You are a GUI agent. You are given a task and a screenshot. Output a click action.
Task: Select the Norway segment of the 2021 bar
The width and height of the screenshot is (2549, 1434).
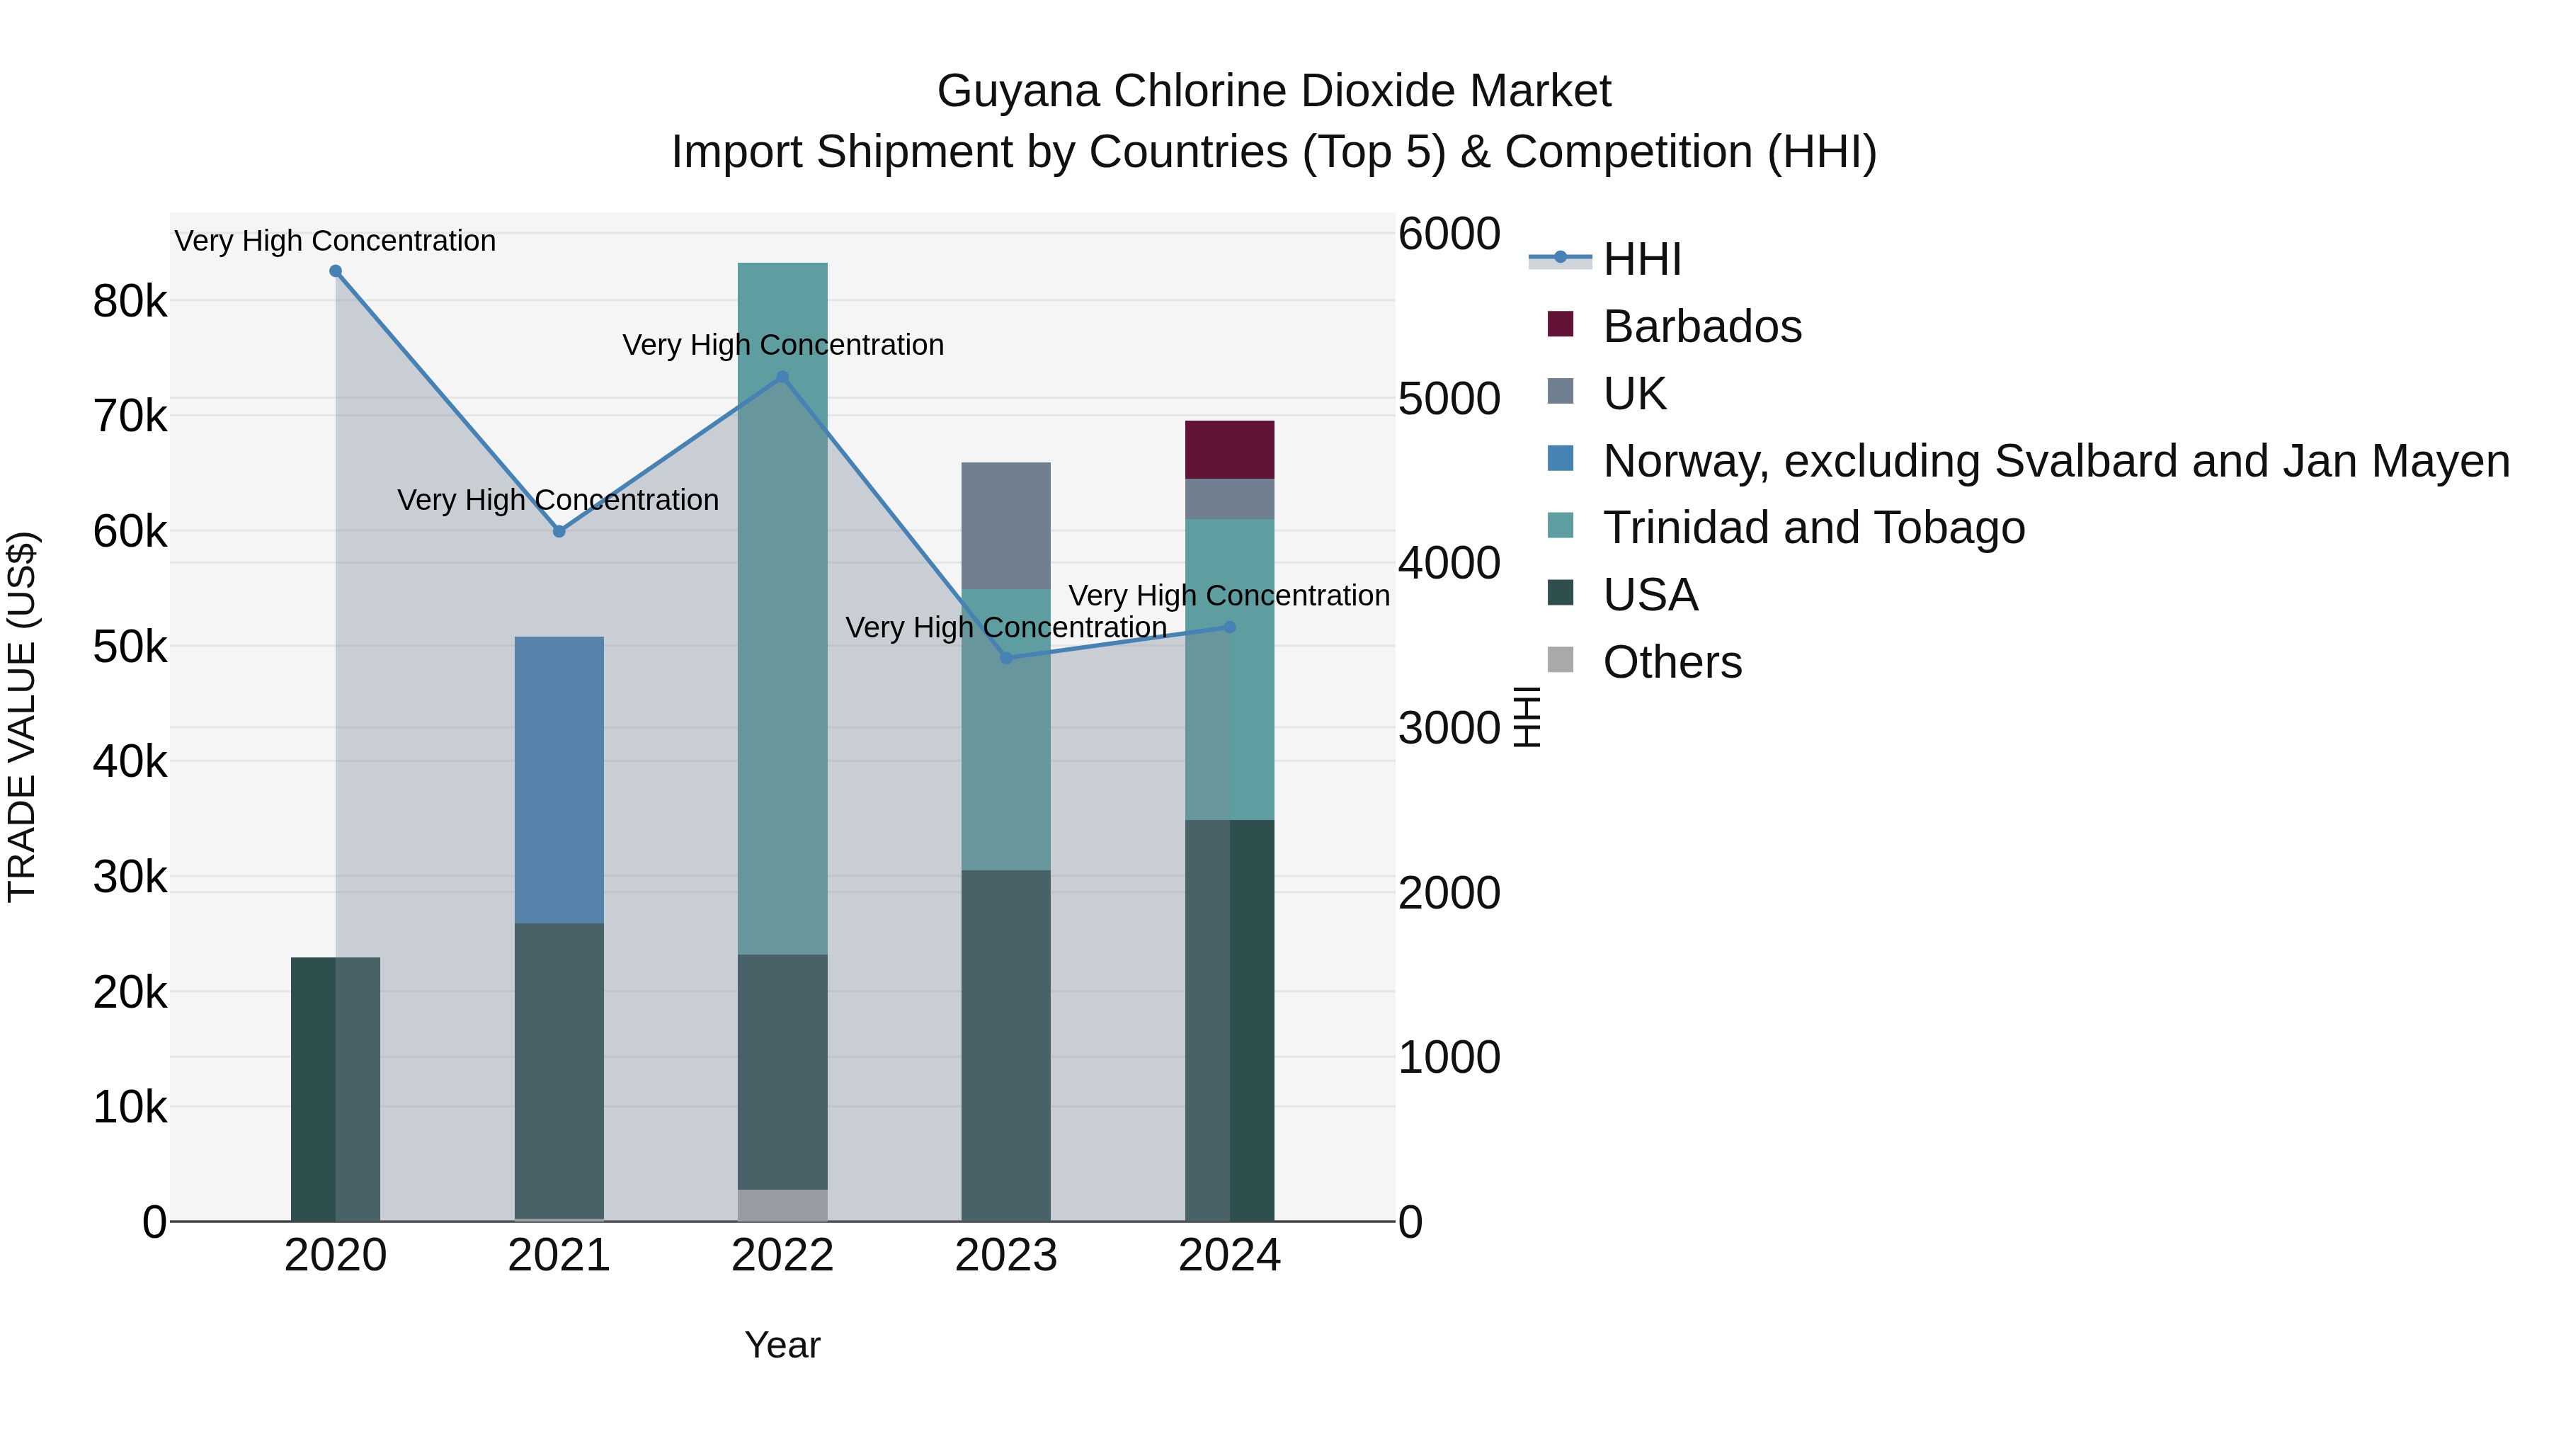tap(559, 779)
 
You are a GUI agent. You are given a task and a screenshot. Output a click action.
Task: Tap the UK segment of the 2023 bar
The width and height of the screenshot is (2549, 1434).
tap(1005, 525)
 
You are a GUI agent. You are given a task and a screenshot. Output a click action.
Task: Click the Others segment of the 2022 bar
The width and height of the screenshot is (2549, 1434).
tap(782, 1205)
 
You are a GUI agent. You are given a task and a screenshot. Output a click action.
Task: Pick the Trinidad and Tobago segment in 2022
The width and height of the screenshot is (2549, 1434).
tap(782, 608)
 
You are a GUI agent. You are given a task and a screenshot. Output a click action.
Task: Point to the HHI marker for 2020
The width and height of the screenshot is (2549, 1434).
tap(336, 271)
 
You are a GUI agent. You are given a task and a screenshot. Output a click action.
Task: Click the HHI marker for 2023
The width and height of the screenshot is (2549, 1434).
tap(1006, 658)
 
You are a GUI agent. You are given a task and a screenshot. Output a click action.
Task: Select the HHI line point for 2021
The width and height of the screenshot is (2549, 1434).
tap(559, 531)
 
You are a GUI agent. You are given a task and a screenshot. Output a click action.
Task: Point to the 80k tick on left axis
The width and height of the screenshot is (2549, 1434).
tap(130, 302)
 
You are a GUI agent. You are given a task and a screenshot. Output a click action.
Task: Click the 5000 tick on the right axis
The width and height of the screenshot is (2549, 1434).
tap(1449, 399)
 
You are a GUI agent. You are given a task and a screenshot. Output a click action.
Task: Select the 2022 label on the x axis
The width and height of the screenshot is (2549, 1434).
tap(782, 1256)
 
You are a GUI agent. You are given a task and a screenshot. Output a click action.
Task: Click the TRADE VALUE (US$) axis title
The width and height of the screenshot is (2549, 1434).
tap(22, 717)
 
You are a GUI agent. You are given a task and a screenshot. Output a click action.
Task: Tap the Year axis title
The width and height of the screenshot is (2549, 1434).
tap(782, 1345)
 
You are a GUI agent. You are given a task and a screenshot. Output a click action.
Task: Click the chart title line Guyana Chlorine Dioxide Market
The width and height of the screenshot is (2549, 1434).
tap(1274, 91)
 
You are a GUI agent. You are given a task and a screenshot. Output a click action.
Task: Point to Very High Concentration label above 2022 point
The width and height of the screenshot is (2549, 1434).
tap(782, 346)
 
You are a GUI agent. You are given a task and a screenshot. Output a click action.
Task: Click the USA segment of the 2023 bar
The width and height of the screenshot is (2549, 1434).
tap(1005, 1044)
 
